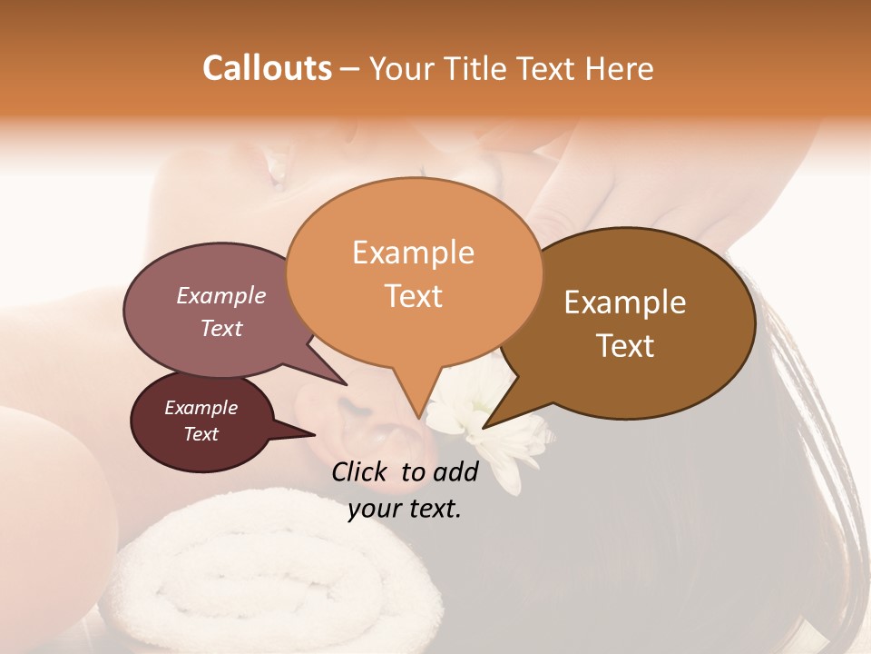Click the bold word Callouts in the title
tap(267, 68)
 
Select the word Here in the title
tap(620, 68)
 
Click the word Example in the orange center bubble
tap(413, 253)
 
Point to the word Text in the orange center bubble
tap(413, 296)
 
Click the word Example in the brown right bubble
tap(625, 302)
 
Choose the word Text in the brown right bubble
tap(625, 346)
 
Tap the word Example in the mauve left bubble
tap(220, 295)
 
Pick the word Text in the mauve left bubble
tap(220, 328)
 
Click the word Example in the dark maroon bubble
tap(201, 408)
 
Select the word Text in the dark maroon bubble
tap(201, 434)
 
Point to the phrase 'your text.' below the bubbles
tap(405, 509)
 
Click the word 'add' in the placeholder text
tap(456, 471)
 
